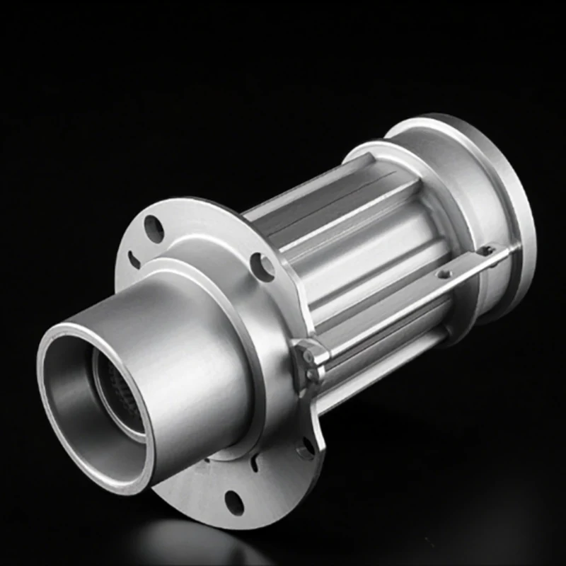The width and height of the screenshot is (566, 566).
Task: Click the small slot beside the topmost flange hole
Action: (134, 259)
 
